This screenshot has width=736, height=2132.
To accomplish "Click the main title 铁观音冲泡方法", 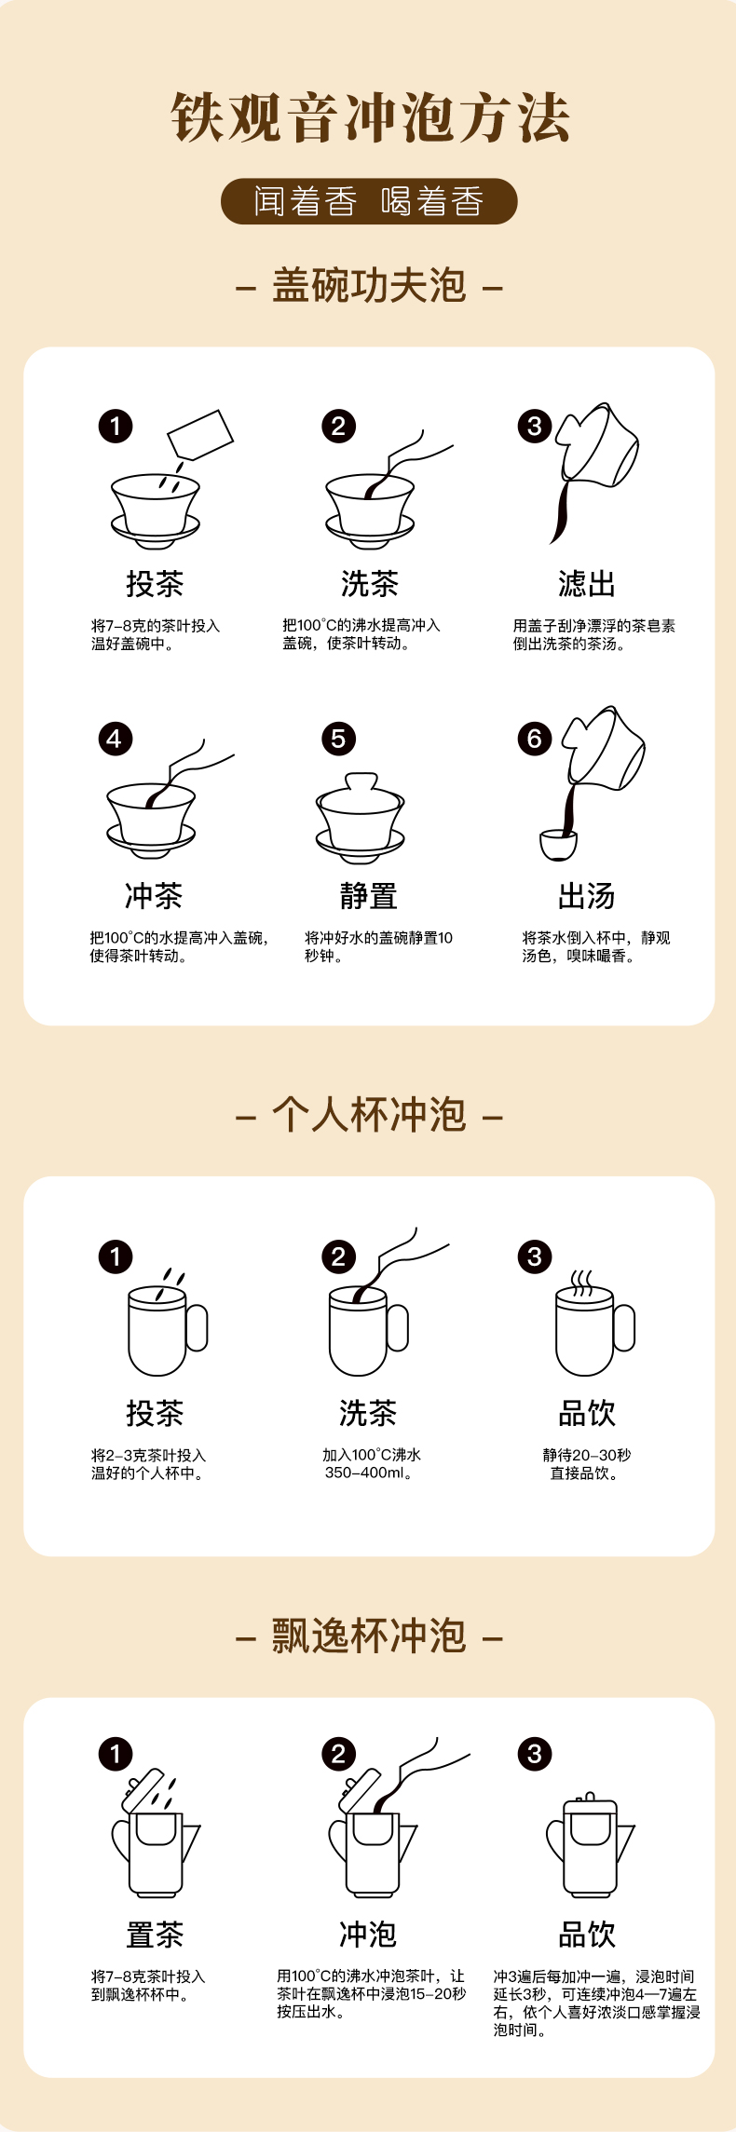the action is (x=369, y=118).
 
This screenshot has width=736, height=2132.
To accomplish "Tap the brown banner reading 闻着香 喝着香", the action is (x=369, y=201).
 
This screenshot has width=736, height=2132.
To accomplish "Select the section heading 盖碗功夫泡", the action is (x=369, y=285).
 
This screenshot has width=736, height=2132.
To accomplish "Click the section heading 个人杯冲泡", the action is (x=369, y=1114).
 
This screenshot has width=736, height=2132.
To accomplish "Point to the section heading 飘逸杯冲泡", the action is (x=369, y=1636).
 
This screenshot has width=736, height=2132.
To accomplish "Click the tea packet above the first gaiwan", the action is (x=199, y=434).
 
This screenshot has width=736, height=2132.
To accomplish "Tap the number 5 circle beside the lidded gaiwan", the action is (x=338, y=739).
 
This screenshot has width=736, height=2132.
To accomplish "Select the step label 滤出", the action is (x=587, y=584).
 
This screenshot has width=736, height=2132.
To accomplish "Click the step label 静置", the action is (x=369, y=896).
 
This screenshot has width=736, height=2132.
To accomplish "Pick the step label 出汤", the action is (x=587, y=896).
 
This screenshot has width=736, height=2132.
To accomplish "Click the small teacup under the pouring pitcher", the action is (x=559, y=845).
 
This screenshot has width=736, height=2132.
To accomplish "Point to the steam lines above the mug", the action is (x=582, y=1283).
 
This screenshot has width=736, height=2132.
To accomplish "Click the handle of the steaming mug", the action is (x=624, y=1328).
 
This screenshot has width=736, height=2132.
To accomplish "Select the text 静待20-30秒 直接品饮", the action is (x=586, y=1463).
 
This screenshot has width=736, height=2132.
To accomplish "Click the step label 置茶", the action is (x=155, y=1935).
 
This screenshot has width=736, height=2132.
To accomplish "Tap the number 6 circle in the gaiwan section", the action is (x=535, y=739).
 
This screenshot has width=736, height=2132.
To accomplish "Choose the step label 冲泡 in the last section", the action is (x=369, y=1935).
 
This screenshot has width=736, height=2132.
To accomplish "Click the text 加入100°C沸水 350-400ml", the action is (x=371, y=1463).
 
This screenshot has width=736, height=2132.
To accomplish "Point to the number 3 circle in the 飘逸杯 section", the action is (x=535, y=1754).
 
